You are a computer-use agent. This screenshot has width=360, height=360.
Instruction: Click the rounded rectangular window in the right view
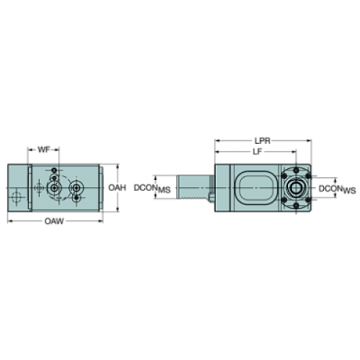(254, 189)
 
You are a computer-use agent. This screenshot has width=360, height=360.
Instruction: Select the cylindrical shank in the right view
(192, 189)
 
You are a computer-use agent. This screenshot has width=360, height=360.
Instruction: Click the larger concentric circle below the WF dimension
(54, 189)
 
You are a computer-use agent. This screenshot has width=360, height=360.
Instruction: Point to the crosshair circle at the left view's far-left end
(17, 195)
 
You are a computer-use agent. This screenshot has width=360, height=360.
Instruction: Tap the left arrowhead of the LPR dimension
(215, 140)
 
